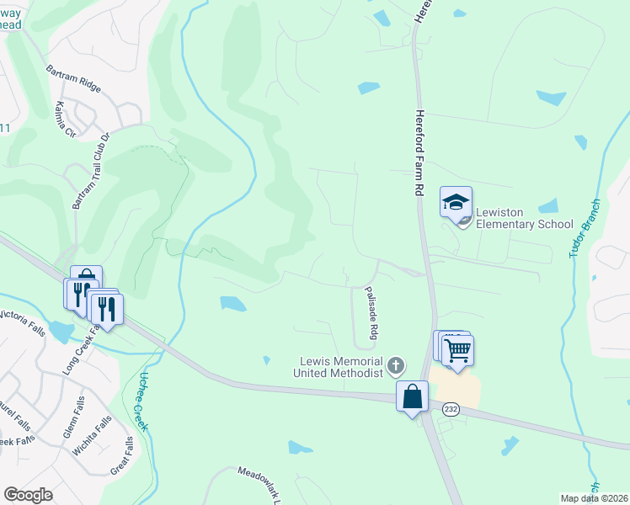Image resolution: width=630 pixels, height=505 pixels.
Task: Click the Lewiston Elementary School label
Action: (524, 218)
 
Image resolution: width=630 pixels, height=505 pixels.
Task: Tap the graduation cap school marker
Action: (456, 202)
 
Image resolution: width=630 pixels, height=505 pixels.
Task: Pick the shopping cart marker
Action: (457, 349)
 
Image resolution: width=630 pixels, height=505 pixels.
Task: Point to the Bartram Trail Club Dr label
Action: (91, 173)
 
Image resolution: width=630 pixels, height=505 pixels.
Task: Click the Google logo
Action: (29, 495)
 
